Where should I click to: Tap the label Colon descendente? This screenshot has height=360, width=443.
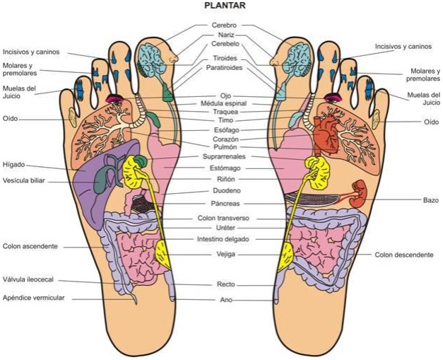coord(403,255)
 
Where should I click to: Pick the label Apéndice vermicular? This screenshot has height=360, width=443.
coord(33,298)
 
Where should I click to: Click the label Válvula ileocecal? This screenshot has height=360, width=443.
coord(30,279)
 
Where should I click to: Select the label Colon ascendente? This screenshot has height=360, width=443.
coord(30,246)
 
